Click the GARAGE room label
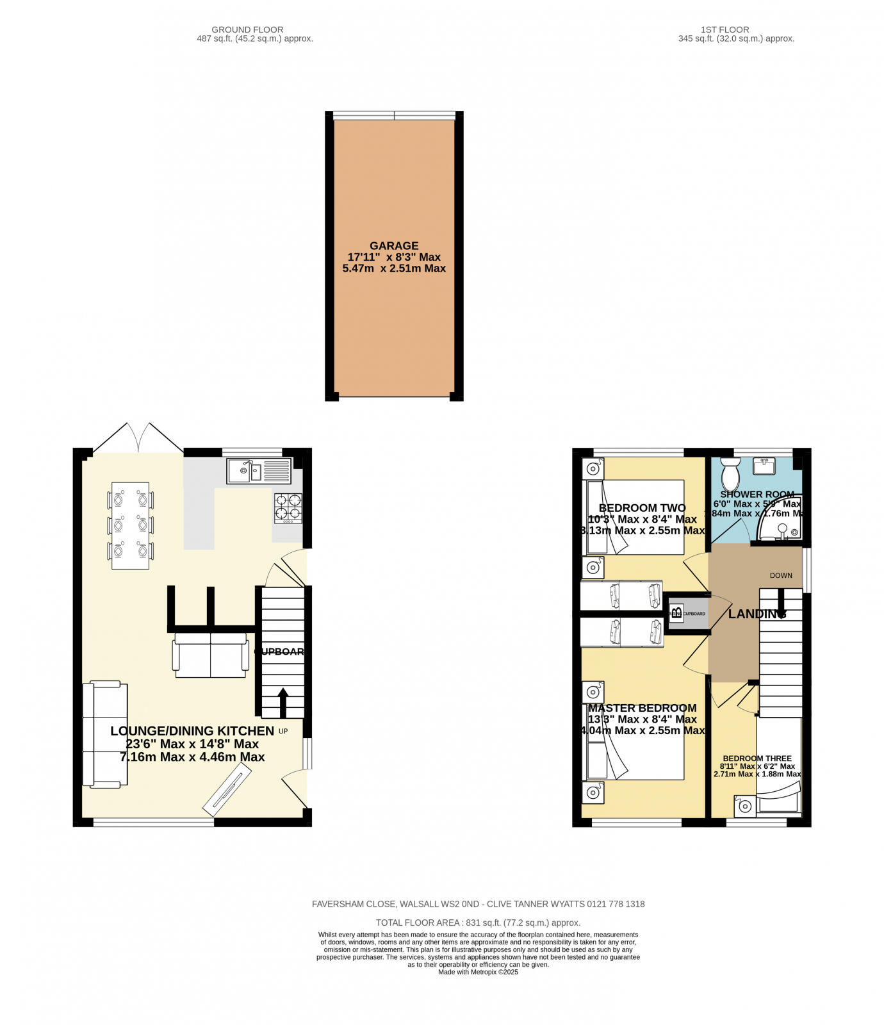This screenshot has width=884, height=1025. pyautogui.click(x=394, y=246)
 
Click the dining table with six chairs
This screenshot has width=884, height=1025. pyautogui.click(x=131, y=525)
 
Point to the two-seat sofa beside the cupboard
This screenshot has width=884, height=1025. pyautogui.click(x=211, y=655)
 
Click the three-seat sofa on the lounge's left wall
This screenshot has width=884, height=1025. pyautogui.click(x=105, y=734)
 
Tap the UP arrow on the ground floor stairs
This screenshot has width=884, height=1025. pyautogui.click(x=282, y=702)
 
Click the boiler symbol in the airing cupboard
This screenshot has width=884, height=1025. pyautogui.click(x=676, y=613)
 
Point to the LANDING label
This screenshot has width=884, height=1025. pyautogui.click(x=757, y=614)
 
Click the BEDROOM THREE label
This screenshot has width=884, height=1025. pyautogui.click(x=757, y=758)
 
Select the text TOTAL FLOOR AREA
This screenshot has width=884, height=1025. pyautogui.click(x=417, y=922)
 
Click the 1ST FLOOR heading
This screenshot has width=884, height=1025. pyautogui.click(x=724, y=29)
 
